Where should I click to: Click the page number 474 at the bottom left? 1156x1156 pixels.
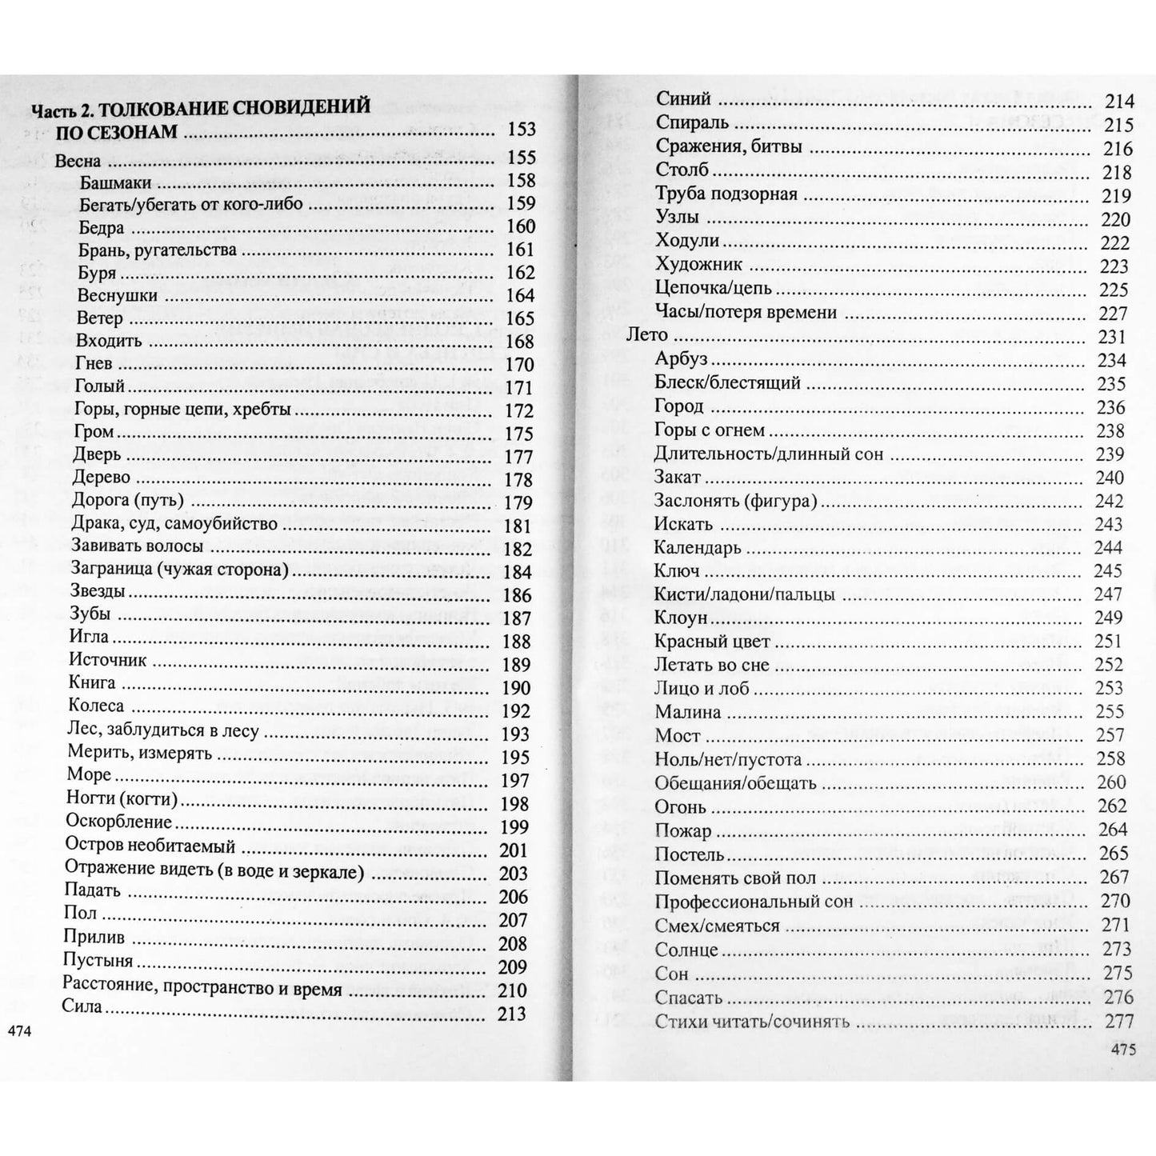pos(18,1032)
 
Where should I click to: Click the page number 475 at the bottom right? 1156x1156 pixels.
pos(1123,1050)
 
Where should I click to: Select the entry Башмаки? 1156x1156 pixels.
pos(115,182)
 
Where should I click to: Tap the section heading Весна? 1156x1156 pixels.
pos(78,160)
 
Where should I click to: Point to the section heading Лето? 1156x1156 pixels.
pos(646,335)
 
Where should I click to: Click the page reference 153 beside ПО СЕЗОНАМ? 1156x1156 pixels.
pos(521,130)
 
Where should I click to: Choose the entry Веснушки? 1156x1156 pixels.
pos(118,295)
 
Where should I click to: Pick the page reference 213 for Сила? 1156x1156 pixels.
pos(511,1014)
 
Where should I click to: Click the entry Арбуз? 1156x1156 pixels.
pos(681,359)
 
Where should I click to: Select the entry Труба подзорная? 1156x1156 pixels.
pos(726,194)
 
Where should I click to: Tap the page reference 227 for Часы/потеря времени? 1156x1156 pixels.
pos(1113,313)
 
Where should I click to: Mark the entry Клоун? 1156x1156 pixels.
pos(681,618)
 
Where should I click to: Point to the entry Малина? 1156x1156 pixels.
pos(687,711)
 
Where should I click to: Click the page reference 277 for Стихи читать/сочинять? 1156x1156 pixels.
pos(1118,1021)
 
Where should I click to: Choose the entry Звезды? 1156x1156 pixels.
pos(98,592)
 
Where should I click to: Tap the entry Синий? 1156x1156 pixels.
pos(683,99)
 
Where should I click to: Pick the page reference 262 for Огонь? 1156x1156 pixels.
pos(1113,806)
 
